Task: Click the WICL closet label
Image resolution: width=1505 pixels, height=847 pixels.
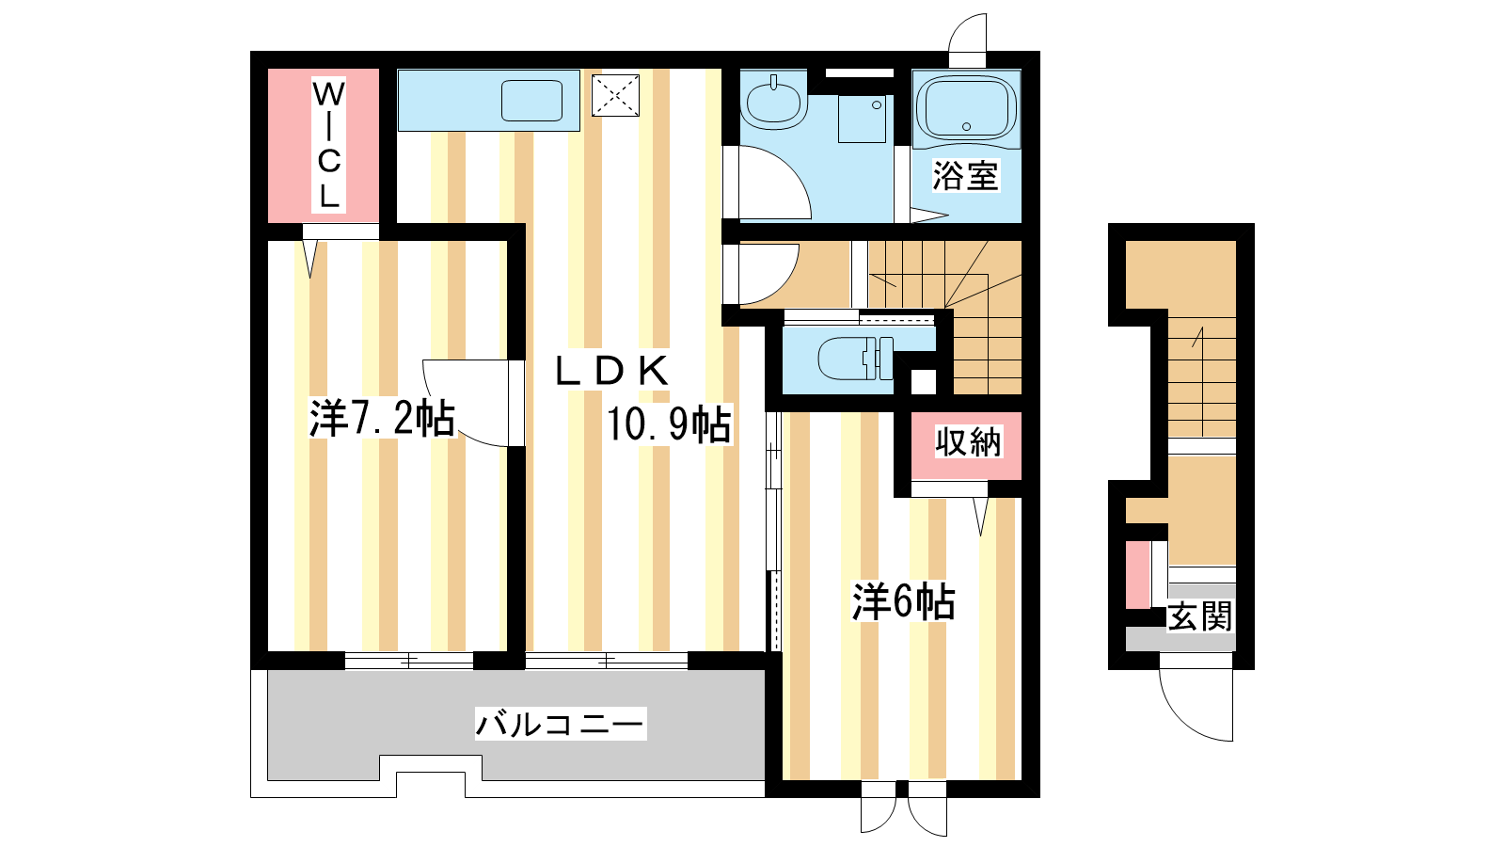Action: [328, 145]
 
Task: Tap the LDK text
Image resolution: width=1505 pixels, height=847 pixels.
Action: [612, 371]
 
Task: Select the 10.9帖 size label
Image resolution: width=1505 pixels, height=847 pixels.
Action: [669, 424]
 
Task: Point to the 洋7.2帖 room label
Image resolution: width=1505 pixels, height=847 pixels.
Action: [382, 418]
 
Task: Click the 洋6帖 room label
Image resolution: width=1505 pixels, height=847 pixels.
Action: [904, 601]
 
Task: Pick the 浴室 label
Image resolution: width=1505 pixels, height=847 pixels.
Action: [965, 175]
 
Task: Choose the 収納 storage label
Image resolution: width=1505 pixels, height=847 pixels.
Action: [968, 441]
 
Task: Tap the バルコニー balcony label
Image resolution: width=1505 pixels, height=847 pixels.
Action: [561, 725]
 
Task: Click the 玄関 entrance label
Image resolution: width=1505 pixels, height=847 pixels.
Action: [1200, 616]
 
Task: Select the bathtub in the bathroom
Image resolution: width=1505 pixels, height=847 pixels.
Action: [966, 109]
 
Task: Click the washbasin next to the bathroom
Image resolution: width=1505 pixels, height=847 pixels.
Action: [773, 103]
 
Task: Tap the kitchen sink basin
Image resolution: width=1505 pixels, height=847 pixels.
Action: [531, 101]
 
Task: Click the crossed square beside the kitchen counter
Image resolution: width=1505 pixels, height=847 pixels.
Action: [615, 95]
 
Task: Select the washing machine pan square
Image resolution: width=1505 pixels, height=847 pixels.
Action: [862, 119]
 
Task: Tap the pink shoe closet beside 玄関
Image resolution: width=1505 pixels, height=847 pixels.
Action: [1137, 575]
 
